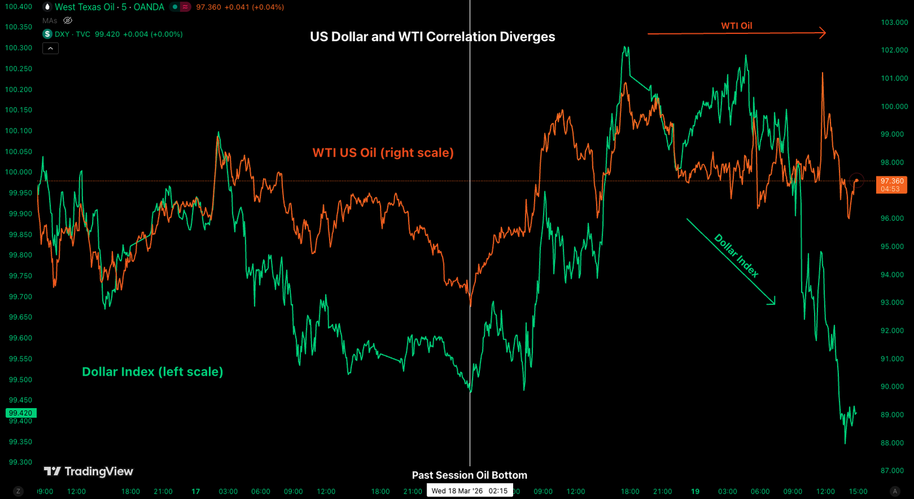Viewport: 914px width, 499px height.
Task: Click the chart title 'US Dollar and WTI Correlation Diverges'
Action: pos(432,37)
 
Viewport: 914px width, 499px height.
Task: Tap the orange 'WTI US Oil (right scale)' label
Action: pos(383,153)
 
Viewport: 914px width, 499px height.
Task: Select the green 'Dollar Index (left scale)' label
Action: pos(152,372)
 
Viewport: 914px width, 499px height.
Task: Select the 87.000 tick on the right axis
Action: pos(891,471)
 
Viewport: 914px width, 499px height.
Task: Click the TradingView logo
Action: pos(88,472)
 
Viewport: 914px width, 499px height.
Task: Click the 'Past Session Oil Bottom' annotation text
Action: pos(469,475)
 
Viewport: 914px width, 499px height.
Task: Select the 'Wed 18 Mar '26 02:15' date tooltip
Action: pos(469,491)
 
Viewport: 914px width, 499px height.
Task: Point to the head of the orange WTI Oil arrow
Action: pos(825,33)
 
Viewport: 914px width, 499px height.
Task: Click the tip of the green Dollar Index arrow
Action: pos(774,304)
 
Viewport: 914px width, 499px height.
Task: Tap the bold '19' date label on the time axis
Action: pos(695,491)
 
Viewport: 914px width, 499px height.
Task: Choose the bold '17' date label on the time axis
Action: pos(195,491)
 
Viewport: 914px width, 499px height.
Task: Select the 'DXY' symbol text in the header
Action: pos(63,34)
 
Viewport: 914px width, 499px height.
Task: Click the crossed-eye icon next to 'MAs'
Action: pos(67,20)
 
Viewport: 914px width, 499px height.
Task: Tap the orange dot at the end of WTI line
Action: pos(857,180)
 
